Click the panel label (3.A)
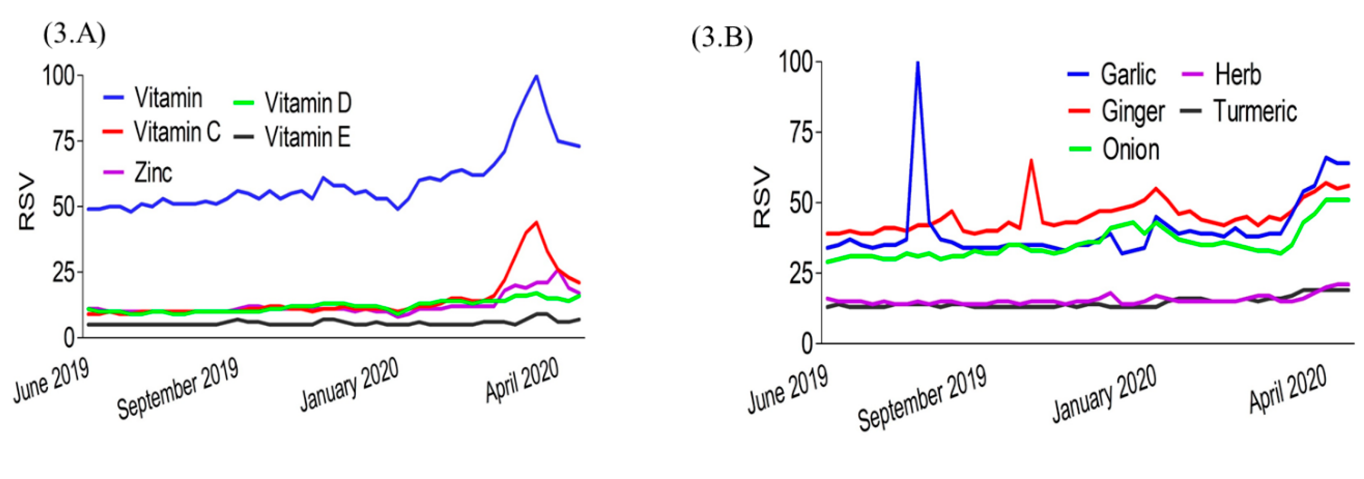pos(74,36)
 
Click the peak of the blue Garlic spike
pos(917,63)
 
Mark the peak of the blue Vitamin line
pos(536,76)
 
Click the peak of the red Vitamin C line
pos(536,222)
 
